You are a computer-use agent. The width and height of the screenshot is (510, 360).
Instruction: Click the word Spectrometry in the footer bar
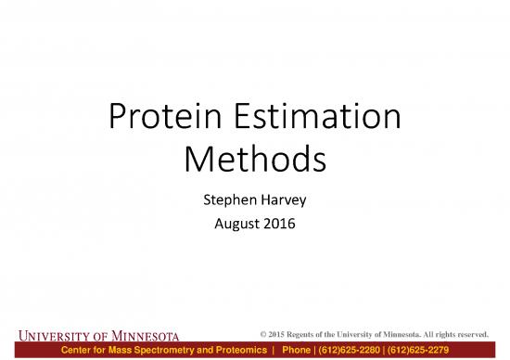176,350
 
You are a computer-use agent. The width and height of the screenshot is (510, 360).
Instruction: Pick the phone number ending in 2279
449,350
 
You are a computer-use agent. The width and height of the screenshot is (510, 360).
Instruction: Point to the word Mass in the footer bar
129,350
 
